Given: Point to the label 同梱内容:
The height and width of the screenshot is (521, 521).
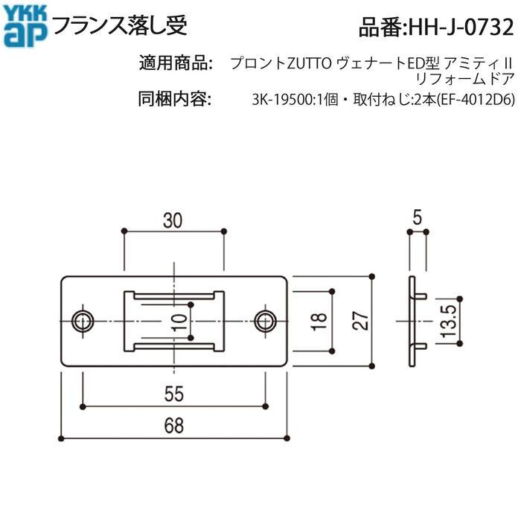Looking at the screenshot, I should coord(177,99).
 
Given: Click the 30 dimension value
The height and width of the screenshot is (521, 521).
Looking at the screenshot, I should coord(173,220).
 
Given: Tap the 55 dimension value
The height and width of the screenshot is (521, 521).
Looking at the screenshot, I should coord(173,392).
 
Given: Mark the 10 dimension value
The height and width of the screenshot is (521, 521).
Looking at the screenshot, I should coord(176,322).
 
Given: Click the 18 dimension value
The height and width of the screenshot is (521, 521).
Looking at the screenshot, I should coord(318,322).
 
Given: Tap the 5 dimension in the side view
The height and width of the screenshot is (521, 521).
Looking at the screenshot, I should coord(418,219).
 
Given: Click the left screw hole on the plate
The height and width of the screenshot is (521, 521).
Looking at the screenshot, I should coord(81,321).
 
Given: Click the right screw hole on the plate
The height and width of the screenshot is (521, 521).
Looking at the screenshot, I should coord(264,321).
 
